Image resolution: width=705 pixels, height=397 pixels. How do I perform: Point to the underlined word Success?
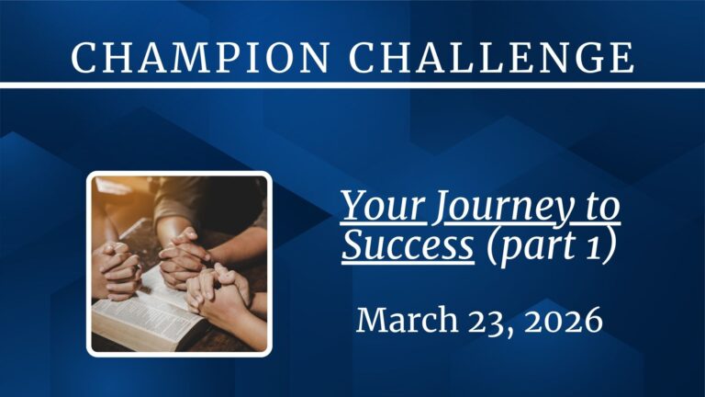click(x=408, y=247)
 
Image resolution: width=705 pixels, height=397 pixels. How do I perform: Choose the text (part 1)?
click(x=551, y=248)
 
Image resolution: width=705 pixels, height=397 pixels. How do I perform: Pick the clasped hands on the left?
click(x=117, y=267)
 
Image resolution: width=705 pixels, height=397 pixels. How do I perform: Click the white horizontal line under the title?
click(x=352, y=85)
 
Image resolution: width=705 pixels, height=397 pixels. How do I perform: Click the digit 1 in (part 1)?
click(x=602, y=247)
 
